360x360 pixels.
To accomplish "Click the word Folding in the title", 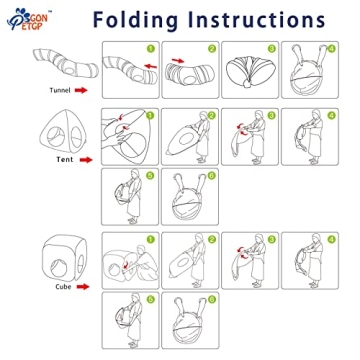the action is pos(135,20).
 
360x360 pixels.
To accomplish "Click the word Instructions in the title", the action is pos(257,19).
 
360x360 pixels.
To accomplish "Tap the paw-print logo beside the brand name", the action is pos(17,20).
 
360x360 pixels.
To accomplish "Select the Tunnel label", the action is pos(60,90).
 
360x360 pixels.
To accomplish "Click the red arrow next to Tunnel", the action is pos(81,90).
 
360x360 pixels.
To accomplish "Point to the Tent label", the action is pos(65,160).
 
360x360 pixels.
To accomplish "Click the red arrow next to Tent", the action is pos(86,160).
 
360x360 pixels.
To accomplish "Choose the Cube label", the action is pos(63,287).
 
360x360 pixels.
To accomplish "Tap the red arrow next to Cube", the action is pos(83,287).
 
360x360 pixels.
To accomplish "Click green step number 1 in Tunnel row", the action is pos(151,49).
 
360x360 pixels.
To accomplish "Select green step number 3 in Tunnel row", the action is pos(272,49).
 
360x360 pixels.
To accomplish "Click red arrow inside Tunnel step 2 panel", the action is pos(178,60).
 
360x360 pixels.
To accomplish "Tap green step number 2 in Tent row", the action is pos(211,115).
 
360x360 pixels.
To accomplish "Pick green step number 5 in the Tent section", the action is pos(150,175).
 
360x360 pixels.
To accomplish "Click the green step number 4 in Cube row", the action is pos(331,239).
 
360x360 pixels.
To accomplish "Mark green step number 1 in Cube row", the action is pos(151,239).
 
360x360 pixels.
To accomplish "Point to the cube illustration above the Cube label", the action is pos(65,258).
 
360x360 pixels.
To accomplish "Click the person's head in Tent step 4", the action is pos(316,114).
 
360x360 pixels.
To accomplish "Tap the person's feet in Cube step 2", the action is pos(196,285).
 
